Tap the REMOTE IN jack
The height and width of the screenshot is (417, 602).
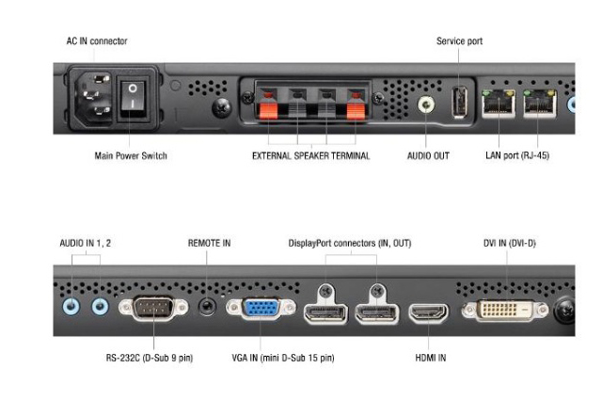(x=209, y=305)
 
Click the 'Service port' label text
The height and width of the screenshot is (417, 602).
(x=459, y=41)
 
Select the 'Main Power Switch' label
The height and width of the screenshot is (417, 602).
(x=131, y=155)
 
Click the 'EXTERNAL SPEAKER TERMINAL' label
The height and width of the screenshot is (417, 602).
(x=310, y=155)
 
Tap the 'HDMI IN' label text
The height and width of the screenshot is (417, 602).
(x=430, y=358)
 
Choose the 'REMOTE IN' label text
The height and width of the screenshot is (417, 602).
(x=209, y=243)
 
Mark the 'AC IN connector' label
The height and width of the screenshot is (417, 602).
(x=97, y=41)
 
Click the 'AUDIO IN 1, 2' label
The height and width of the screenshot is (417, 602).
(x=87, y=243)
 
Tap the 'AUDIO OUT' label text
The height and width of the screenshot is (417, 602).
(x=429, y=155)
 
